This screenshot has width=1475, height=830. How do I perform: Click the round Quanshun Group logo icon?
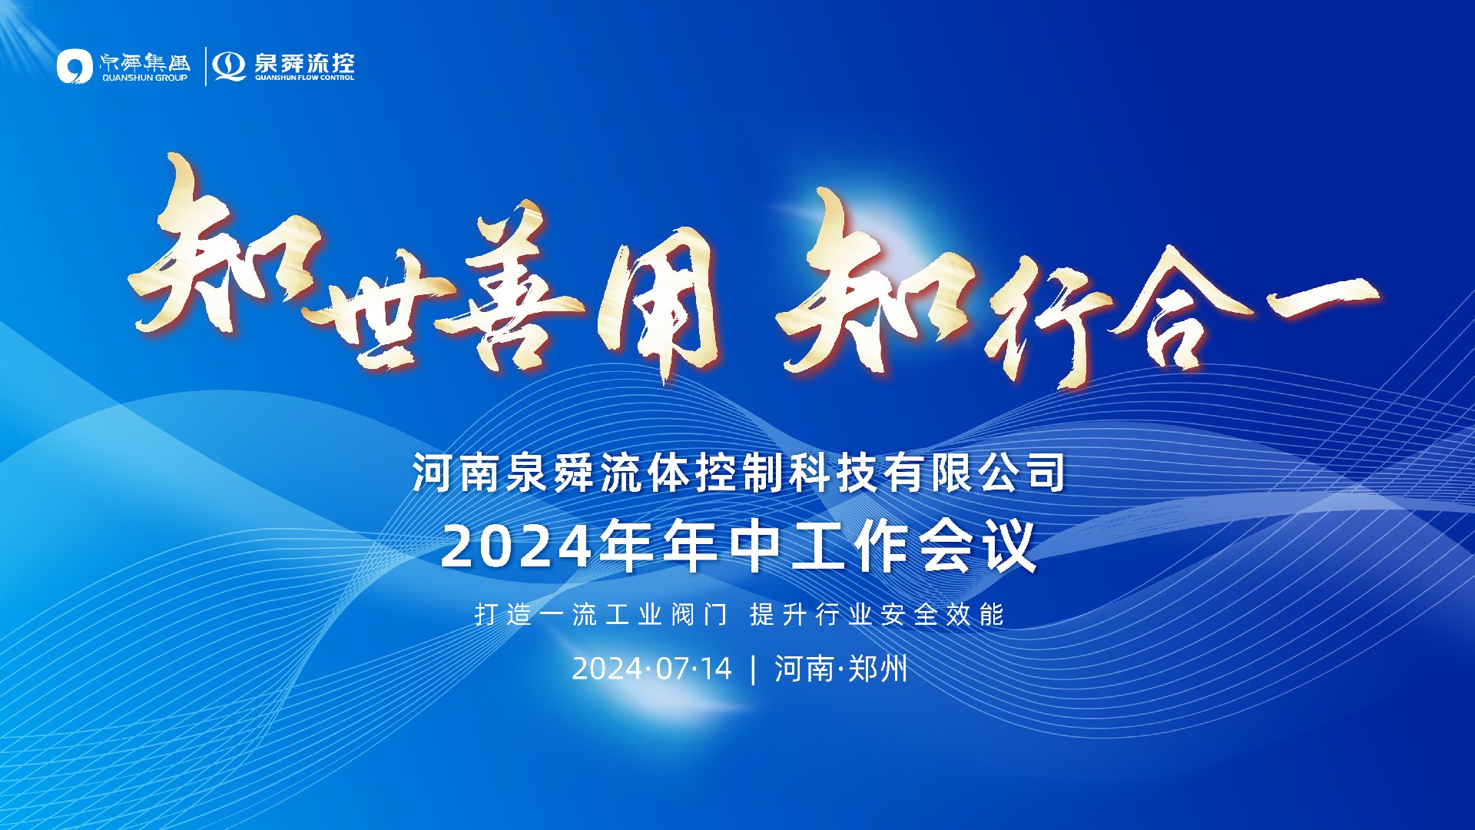coord(75,66)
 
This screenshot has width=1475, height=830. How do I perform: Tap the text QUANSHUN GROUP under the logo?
coord(144,78)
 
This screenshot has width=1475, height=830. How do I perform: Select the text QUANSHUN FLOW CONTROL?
coord(304,78)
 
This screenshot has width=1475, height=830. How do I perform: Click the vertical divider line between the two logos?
coord(206,66)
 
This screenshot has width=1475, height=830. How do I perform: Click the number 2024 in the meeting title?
coord(517,547)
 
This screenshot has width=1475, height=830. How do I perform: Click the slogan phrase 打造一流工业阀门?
coord(601,615)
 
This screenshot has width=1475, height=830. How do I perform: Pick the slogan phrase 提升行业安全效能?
coord(877,615)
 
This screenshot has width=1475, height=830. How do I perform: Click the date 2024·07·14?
coord(651,669)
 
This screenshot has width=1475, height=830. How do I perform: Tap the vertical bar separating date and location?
coord(753,669)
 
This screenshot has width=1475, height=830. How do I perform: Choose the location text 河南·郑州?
coord(840,669)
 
